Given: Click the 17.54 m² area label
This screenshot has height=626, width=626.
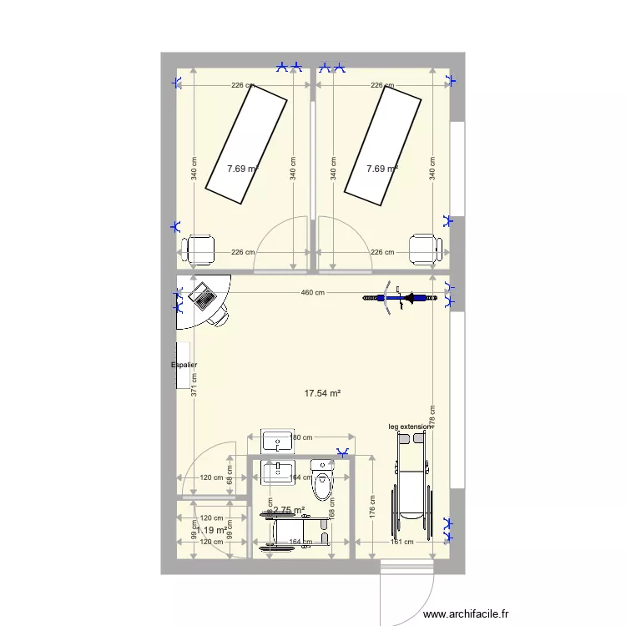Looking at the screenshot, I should tap(325, 393).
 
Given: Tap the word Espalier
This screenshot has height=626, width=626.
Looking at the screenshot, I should tap(184, 365).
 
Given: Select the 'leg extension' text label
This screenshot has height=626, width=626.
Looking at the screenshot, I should tap(411, 427).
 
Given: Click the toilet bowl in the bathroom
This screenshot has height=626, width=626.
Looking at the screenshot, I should tap(321, 479).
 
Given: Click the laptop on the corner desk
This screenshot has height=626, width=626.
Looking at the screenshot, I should tap(202, 294).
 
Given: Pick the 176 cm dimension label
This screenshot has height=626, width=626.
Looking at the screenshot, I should tap(373, 504).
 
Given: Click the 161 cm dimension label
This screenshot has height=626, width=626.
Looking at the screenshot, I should tap(402, 543).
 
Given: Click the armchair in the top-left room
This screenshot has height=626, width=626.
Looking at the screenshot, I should tap(200, 248).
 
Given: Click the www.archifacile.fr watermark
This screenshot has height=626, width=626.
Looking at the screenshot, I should tap(466, 613).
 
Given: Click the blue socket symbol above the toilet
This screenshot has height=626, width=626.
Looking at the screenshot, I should tap(342, 453).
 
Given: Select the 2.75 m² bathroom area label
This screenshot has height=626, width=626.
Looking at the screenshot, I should tap(289, 510).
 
